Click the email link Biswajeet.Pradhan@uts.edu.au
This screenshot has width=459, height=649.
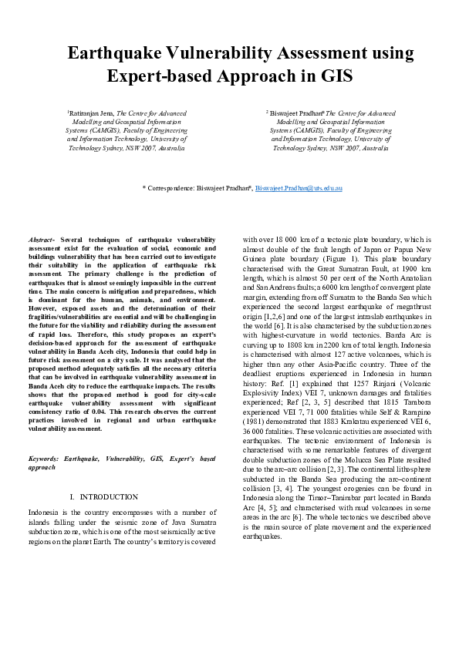(299, 188)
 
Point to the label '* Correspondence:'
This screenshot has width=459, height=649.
(168, 188)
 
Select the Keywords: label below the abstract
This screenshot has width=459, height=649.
(45, 459)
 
